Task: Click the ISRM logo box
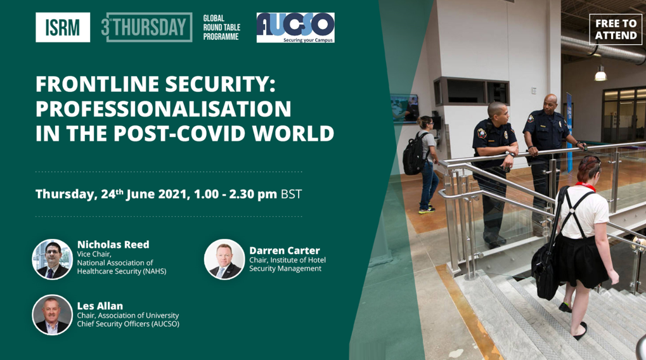(63, 27)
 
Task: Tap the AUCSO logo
(295, 28)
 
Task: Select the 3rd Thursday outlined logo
(146, 27)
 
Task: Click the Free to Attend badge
(616, 29)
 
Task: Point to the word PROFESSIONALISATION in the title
(163, 109)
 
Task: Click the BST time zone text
(291, 194)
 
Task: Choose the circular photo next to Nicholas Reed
(53, 259)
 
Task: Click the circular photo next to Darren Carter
(224, 259)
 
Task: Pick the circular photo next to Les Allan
(53, 315)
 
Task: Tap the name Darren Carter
(284, 250)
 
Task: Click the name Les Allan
(100, 306)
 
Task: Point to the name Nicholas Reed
(113, 245)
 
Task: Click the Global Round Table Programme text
(221, 27)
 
